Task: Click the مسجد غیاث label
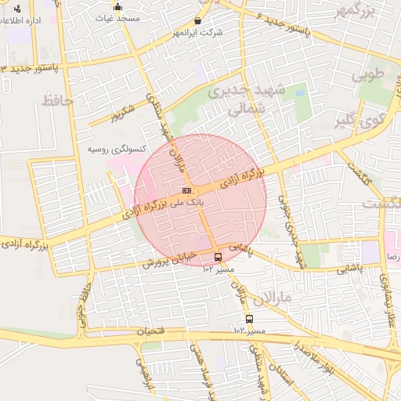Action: pyautogui.click(x=117, y=16)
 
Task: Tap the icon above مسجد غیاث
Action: pyautogui.click(x=117, y=6)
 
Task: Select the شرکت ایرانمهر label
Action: pyautogui.click(x=201, y=32)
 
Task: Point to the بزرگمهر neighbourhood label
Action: pyautogui.click(x=356, y=11)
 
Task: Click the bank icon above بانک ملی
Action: pyautogui.click(x=186, y=190)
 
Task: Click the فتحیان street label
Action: pyautogui.click(x=152, y=331)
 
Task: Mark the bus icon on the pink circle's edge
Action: pyautogui.click(x=218, y=256)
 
